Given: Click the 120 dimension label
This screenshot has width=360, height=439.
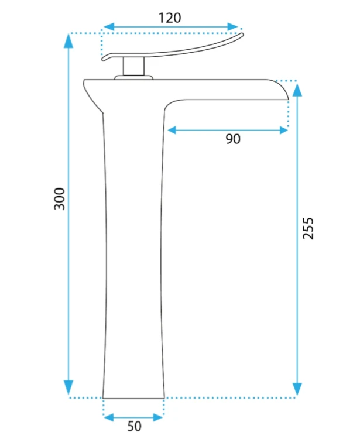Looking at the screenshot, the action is click(170, 18).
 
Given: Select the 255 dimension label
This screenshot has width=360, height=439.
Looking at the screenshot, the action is click(308, 228).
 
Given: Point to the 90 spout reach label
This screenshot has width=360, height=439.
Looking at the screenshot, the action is click(233, 139).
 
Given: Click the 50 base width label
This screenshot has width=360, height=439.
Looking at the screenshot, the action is click(135, 426).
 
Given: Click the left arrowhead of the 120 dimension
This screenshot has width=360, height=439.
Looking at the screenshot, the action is click(109, 27).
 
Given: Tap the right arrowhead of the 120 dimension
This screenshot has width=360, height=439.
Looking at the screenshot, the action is click(232, 27).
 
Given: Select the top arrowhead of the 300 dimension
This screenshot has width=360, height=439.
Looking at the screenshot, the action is click(68, 41).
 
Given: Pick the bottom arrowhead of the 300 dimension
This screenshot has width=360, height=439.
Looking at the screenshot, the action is click(68, 387).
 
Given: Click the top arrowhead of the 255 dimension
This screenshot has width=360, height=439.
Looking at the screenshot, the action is click(297, 90).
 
